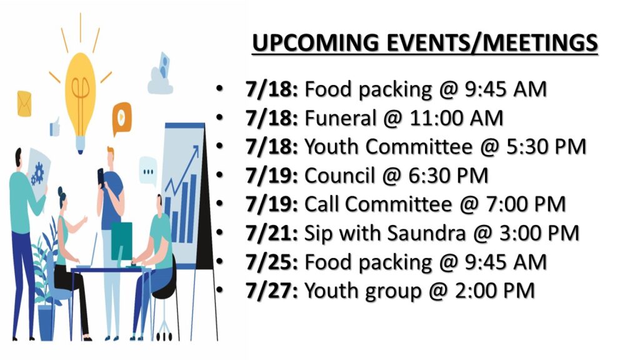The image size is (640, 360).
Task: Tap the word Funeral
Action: pyautogui.click(x=340, y=118)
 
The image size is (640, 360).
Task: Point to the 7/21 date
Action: pyautogui.click(x=272, y=234)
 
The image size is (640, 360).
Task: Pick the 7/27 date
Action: pyautogui.click(x=272, y=291)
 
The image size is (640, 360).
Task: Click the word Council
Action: pyautogui.click(x=339, y=176)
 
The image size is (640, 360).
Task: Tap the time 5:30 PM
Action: pyautogui.click(x=546, y=147)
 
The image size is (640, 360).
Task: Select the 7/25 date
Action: pyautogui.click(x=272, y=262)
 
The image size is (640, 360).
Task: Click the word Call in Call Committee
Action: pyautogui.click(x=321, y=204)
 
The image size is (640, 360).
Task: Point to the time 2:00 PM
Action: pyautogui.click(x=495, y=291)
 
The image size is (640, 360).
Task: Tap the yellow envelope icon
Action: pyautogui.click(x=24, y=104)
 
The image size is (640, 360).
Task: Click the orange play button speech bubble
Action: pyautogui.click(x=122, y=118)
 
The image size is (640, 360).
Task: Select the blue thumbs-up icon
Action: pyautogui.click(x=55, y=127)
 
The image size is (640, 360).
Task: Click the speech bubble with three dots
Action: pyautogui.click(x=147, y=171)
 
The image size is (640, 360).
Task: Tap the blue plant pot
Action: pyautogui.click(x=46, y=322)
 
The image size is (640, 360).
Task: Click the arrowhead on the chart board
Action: pyautogui.click(x=195, y=150)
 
